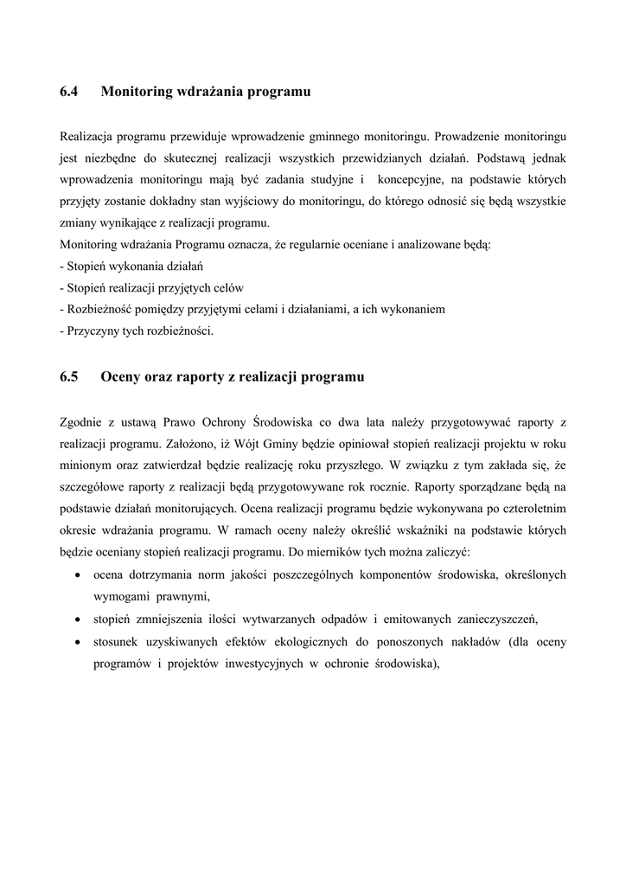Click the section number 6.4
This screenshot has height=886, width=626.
point(69,91)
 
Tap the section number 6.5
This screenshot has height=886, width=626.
point(69,376)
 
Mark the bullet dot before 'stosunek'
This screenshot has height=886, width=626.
point(79,643)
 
